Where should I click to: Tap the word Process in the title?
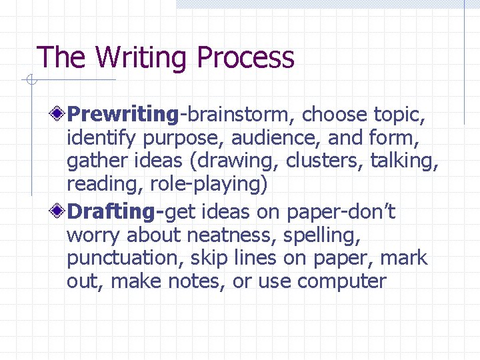coord(246,57)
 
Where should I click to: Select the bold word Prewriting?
coord(123,115)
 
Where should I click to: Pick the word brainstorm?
coord(238,115)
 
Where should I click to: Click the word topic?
coord(399,115)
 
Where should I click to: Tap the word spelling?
coord(319,235)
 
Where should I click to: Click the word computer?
coord(342,281)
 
